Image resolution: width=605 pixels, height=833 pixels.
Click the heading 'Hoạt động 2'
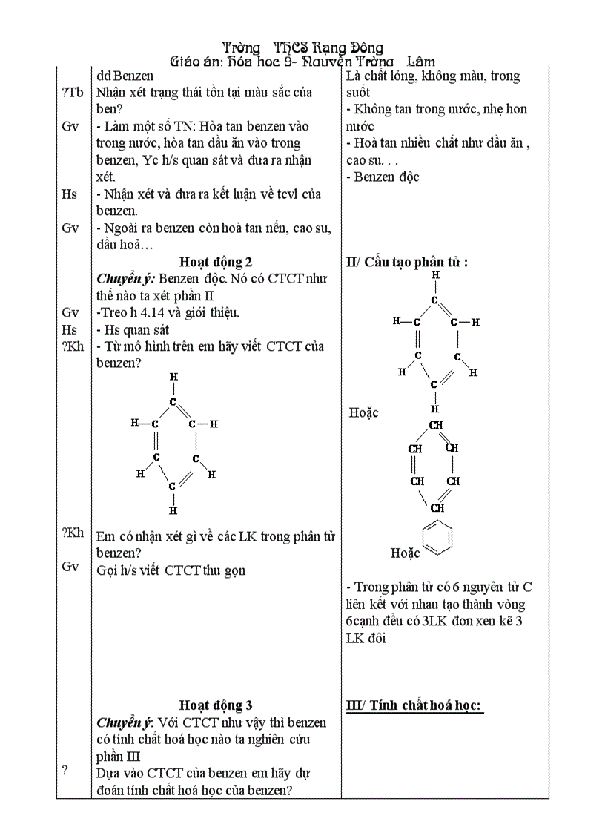click(216, 262)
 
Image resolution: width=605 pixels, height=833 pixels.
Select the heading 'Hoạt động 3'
click(216, 705)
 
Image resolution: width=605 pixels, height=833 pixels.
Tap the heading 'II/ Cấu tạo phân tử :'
click(407, 262)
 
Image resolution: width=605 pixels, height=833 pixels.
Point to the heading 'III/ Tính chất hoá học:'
click(414, 705)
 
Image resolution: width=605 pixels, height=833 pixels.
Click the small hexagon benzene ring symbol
click(437, 539)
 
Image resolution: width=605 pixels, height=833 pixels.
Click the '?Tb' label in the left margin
click(72, 93)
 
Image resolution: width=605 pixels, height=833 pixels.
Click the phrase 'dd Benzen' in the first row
click(125, 76)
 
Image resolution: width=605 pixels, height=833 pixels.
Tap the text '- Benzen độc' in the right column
click(383, 177)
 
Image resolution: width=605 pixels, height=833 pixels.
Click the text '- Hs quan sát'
click(133, 329)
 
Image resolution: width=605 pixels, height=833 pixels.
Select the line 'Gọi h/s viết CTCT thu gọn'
click(171, 570)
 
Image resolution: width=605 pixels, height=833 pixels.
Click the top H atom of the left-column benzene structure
click(173, 377)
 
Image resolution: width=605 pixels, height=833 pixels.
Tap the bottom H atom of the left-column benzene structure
click(173, 510)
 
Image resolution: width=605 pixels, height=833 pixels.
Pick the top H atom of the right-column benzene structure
click(435, 275)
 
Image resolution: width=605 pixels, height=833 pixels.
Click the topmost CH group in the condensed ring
click(435, 425)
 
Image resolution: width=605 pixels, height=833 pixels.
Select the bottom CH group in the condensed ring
click(437, 508)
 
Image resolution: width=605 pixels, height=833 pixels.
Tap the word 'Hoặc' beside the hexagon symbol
click(406, 553)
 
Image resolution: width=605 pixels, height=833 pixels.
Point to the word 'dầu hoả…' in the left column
click(125, 245)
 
